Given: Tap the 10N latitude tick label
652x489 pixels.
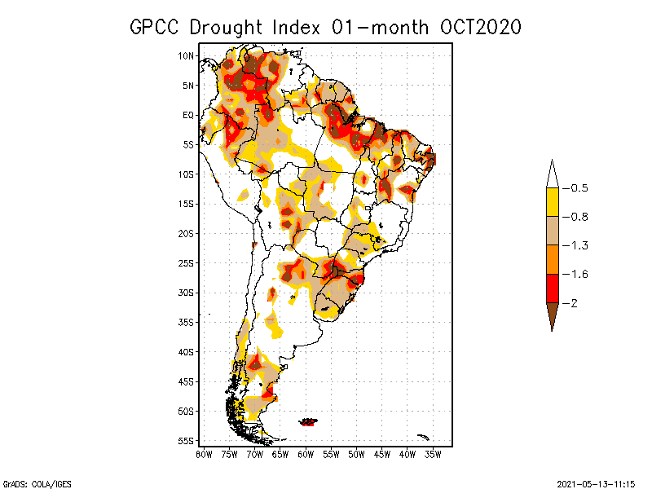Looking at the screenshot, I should coord(187,56).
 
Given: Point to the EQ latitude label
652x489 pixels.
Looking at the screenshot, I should coord(188,115).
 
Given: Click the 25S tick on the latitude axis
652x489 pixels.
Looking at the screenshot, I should coord(187,263).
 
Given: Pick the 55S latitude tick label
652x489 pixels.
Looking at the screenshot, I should coord(187,441).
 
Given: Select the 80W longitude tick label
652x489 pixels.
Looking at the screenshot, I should coord(204,453).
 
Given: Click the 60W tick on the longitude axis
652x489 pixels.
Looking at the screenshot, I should coord(306,453).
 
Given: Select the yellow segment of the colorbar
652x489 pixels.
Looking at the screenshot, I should coord(553,202).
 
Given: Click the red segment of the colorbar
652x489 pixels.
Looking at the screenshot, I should coord(553,288).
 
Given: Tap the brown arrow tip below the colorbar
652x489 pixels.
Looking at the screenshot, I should coord(553,316).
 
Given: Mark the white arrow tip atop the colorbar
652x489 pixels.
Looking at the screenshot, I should coord(553,174).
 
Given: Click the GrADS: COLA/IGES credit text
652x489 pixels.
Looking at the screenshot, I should coord(29,482).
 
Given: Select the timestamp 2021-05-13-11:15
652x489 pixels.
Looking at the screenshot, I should coord(596,482).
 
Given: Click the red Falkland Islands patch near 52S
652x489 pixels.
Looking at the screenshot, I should coord(309,421).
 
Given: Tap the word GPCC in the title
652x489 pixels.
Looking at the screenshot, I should coord(156,27).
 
